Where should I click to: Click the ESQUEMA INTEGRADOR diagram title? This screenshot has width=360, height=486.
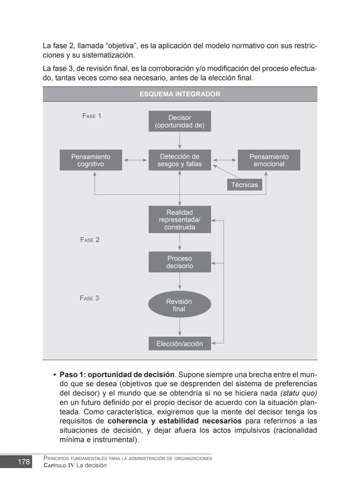pyautogui.click(x=180, y=94)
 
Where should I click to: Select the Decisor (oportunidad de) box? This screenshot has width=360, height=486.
pyautogui.click(x=180, y=121)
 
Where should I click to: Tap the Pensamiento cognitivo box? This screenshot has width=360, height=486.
pyautogui.click(x=91, y=160)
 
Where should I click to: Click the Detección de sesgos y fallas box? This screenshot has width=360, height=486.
pyautogui.click(x=180, y=160)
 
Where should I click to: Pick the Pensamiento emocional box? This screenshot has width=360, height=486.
pyautogui.click(x=269, y=160)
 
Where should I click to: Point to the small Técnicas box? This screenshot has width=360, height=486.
pyautogui.click(x=244, y=185)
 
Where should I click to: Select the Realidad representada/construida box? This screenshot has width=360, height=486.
pyautogui.click(x=180, y=220)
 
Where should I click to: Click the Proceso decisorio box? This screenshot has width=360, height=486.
pyautogui.click(x=180, y=262)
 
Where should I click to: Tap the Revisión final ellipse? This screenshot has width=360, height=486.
pyautogui.click(x=179, y=305)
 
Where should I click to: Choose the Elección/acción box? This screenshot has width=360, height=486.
pyautogui.click(x=180, y=344)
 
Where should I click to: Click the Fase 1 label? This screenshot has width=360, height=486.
pyautogui.click(x=92, y=116)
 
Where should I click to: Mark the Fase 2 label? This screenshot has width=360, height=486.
pyautogui.click(x=90, y=240)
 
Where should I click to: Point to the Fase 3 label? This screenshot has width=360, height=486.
pyautogui.click(x=89, y=298)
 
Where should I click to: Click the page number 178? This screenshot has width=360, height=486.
pyautogui.click(x=24, y=462)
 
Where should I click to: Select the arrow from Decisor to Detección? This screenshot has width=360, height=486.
pyautogui.click(x=180, y=140)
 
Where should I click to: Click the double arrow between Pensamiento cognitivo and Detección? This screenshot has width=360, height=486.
pyautogui.click(x=135, y=160)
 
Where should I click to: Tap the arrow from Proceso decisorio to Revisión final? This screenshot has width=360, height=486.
pyautogui.click(x=180, y=281)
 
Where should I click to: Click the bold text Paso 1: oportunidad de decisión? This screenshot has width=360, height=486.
pyautogui.click(x=117, y=375)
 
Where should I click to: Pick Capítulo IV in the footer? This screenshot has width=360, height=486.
pyautogui.click(x=59, y=465)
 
